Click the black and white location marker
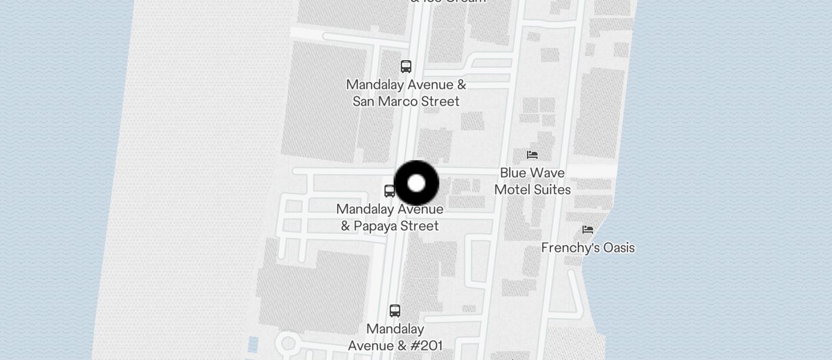point(417,184)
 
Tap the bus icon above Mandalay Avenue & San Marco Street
point(406,66)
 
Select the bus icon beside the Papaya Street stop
point(390,191)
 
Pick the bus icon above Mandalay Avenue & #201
point(395,310)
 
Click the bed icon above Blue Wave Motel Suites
point(532,155)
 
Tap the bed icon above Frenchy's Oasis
point(588,230)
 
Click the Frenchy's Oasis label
point(588,248)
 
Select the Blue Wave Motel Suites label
point(532,181)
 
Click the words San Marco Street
point(406,102)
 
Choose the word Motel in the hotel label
point(512,190)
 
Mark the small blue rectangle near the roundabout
point(253,344)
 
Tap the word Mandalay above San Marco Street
point(375,85)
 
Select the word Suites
point(552,190)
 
